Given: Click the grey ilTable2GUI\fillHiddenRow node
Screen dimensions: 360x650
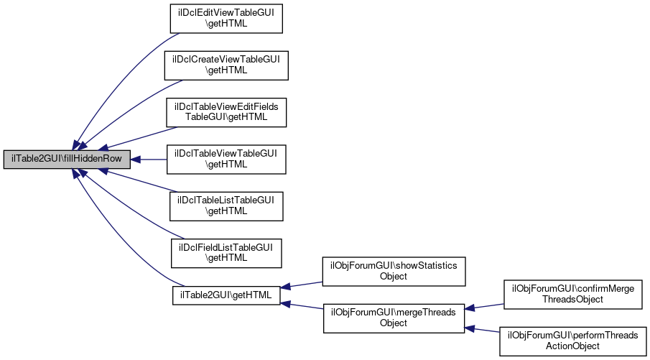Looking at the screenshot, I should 67,159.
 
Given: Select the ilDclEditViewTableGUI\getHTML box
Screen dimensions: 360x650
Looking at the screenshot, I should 226,18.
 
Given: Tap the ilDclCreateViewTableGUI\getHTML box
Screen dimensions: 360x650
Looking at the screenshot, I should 226,65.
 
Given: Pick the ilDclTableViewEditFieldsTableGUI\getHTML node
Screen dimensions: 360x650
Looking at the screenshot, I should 226,111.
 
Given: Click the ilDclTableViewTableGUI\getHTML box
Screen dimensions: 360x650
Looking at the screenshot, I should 226,159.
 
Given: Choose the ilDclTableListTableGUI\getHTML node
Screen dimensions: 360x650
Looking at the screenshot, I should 226,206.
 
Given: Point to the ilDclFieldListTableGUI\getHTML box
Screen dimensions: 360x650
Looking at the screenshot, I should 226,252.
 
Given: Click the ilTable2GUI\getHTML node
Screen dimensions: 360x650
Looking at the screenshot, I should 226,295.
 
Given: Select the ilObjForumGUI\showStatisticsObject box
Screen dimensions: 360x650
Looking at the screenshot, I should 393,270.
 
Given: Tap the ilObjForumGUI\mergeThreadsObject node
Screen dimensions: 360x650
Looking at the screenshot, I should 393,318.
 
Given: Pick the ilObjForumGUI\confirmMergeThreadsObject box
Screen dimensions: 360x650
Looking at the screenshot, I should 573,294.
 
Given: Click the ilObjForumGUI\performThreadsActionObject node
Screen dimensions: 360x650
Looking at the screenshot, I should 573,341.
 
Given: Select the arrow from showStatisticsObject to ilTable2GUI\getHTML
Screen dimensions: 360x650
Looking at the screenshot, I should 302,285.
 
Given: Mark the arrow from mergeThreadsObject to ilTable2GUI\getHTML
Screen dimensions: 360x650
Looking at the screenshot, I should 302,306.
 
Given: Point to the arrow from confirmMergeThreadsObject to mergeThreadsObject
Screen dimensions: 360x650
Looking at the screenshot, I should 484,306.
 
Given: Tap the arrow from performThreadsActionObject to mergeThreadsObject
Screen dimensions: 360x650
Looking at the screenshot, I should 484,329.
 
